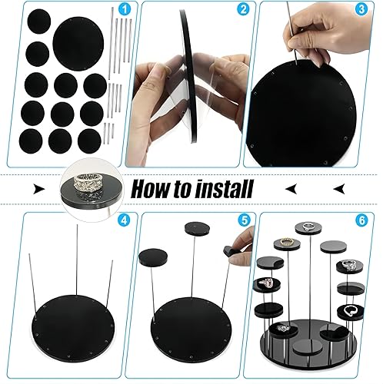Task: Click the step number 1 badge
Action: pyautogui.click(x=125, y=10)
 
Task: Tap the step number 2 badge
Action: pyautogui.click(x=243, y=10)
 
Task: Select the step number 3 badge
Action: pyautogui.click(x=361, y=10)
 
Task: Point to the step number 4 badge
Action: pyautogui.click(x=124, y=220)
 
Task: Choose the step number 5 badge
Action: pyautogui.click(x=244, y=220)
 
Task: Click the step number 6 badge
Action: pyautogui.click(x=361, y=220)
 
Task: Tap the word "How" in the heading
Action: pyautogui.click(x=148, y=190)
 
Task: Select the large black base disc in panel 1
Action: pyautogui.click(x=78, y=43)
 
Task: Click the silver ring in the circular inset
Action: pyautogui.click(x=85, y=182)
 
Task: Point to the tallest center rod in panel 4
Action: pyautogui.click(x=77, y=260)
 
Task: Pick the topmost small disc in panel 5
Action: pyautogui.click(x=197, y=228)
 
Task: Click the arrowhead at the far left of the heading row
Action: pyautogui.click(x=39, y=190)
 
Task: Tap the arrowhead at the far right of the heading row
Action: pyautogui.click(x=339, y=189)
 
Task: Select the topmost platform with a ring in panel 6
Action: pyautogui.click(x=308, y=228)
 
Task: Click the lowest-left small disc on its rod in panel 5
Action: pyautogui.click(x=153, y=257)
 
